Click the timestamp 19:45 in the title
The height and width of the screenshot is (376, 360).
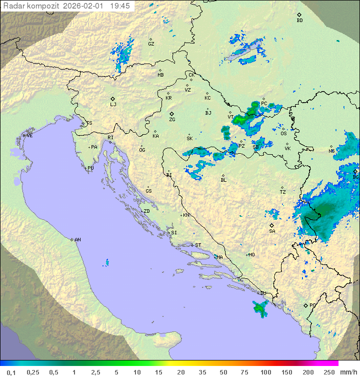point(119,6)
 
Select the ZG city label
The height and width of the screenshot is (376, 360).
point(172,120)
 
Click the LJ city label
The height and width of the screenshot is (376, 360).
point(113,104)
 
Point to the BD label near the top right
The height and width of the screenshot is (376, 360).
point(299,21)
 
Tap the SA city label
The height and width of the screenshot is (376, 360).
point(272,231)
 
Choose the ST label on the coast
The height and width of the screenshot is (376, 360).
point(198,245)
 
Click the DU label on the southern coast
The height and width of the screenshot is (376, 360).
point(263,293)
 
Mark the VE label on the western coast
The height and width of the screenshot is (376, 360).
point(29,136)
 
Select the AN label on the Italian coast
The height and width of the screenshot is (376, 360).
point(77,240)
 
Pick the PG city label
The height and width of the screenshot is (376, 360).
point(312,305)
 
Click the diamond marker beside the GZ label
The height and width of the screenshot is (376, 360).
point(151,39)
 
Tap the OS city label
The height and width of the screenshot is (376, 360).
point(283,134)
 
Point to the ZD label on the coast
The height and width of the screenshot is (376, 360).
point(146,211)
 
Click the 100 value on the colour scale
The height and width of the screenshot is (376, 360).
point(265,372)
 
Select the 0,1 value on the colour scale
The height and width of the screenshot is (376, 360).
point(11,372)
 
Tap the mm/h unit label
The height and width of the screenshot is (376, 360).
point(348,372)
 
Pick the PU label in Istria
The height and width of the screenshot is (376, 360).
point(90,168)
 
